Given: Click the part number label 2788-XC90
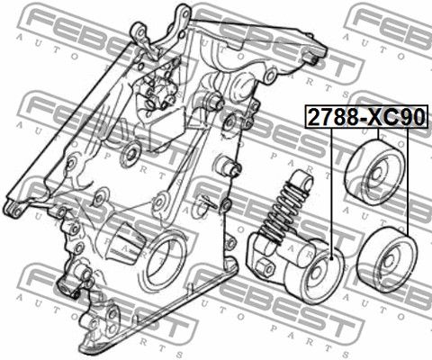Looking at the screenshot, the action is [x=366, y=117].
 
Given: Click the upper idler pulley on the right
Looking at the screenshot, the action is [x=374, y=172].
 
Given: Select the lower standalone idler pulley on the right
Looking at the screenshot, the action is [x=387, y=260].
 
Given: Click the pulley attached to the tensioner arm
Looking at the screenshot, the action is [x=318, y=276].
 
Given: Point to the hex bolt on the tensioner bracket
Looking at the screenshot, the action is [x=265, y=267].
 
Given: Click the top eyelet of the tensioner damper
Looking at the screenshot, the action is [x=302, y=179].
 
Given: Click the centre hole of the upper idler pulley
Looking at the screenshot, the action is [x=376, y=175].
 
